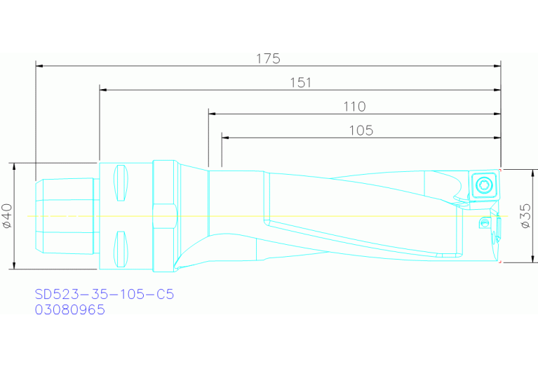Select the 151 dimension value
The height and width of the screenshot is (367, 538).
tap(300, 82)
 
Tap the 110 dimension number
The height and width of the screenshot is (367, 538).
tap(354, 107)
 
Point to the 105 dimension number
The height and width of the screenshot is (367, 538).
tap(361, 130)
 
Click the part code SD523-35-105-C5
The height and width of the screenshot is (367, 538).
tap(104, 294)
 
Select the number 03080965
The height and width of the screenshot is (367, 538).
tap(70, 309)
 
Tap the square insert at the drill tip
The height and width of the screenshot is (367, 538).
tap(483, 185)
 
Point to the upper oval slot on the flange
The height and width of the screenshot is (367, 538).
tap(121, 182)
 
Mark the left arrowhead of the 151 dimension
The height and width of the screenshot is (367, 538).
tap(103, 90)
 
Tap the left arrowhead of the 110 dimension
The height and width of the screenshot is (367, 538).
tap(212, 114)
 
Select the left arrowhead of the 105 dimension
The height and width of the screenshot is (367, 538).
tap(225, 138)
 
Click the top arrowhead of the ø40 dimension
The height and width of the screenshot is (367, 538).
tap(14, 166)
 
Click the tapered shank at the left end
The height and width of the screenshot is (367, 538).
tap(63, 216)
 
